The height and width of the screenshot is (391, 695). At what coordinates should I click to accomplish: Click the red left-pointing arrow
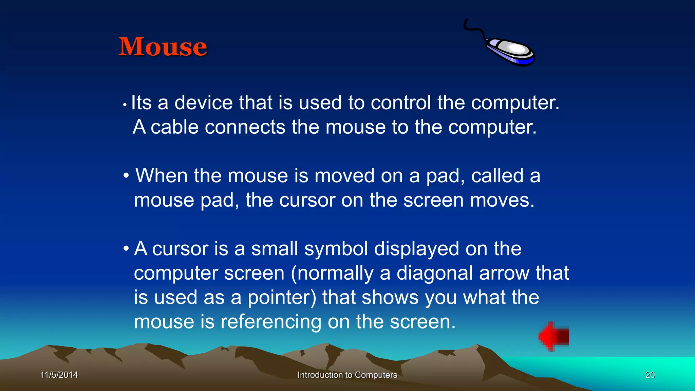[x=553, y=336]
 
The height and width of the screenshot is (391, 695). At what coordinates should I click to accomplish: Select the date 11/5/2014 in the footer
[x=59, y=375]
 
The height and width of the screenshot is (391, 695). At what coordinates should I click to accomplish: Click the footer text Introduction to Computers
[x=347, y=375]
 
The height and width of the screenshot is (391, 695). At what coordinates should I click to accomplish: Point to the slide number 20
[x=650, y=375]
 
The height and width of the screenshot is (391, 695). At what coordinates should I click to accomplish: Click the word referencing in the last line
[x=271, y=322]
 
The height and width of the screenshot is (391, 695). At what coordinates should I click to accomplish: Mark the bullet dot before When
[x=126, y=176]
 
